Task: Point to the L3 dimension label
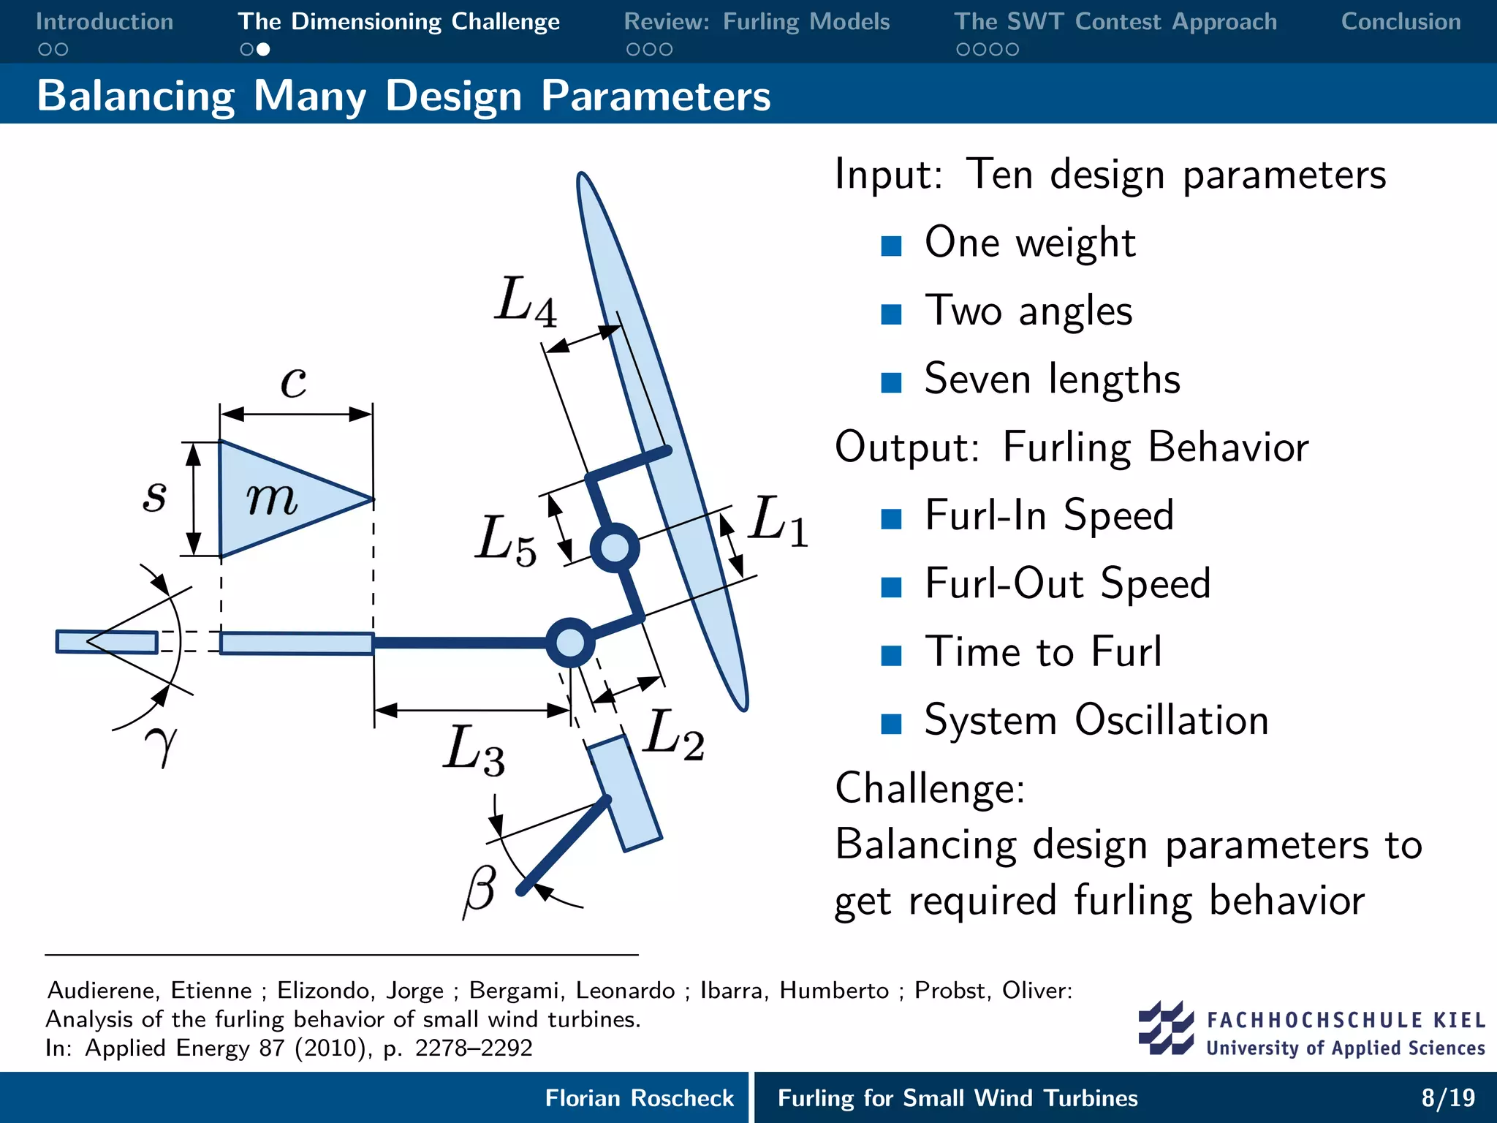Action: tap(474, 750)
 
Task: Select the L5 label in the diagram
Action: tap(505, 541)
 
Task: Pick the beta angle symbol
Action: tap(480, 890)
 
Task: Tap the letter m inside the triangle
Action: tap(271, 499)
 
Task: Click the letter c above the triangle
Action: tap(294, 382)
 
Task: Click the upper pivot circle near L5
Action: tap(614, 548)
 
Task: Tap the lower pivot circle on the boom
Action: tap(570, 643)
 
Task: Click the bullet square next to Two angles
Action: tap(891, 314)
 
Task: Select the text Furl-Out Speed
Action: tap(1067, 583)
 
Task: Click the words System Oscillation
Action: tap(1096, 720)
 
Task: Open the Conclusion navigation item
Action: tap(1401, 22)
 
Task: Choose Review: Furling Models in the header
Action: tap(757, 22)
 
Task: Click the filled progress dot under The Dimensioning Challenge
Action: tap(264, 50)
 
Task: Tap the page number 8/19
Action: tap(1447, 1097)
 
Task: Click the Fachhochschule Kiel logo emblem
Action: tap(1165, 1028)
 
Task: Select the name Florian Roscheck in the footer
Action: tap(639, 1097)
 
